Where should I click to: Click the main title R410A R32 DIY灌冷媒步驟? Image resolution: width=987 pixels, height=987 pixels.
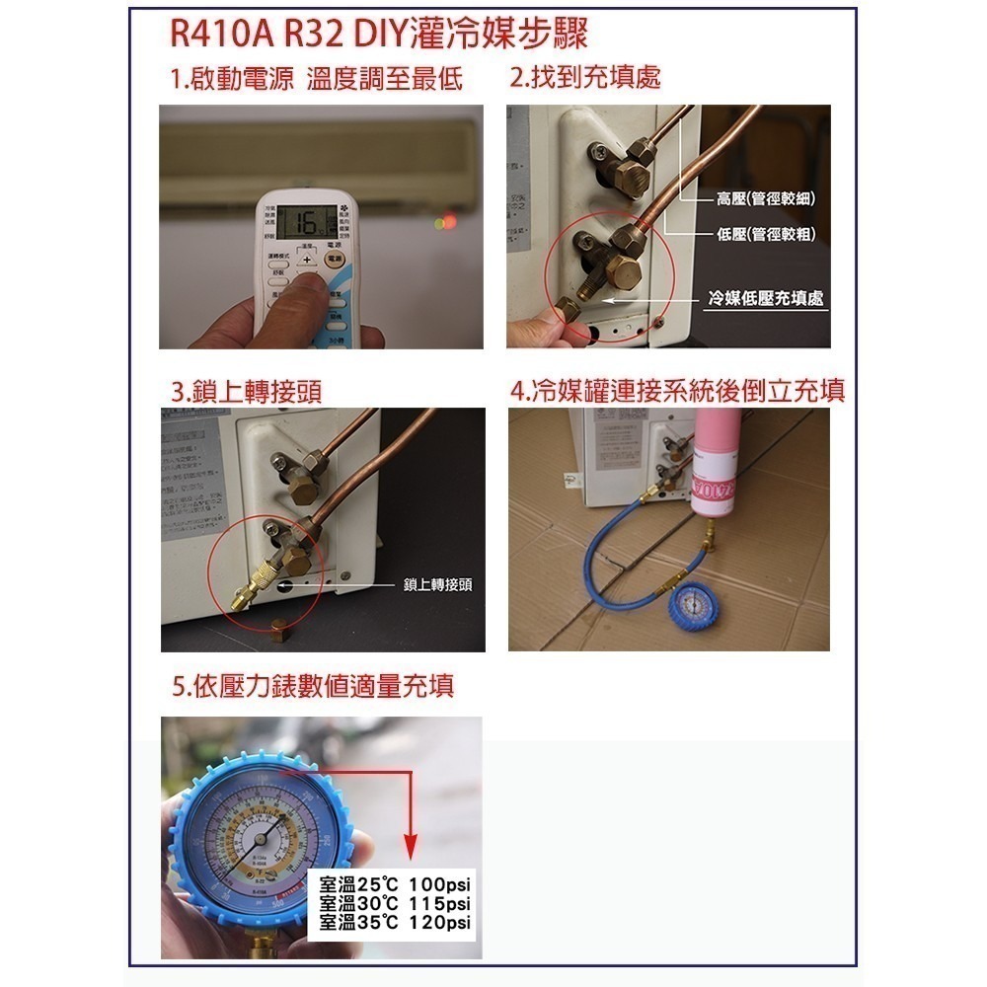(x=379, y=36)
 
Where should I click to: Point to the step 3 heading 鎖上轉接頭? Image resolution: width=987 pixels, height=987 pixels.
(x=246, y=392)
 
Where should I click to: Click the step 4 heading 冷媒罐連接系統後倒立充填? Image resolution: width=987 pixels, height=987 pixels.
(x=677, y=391)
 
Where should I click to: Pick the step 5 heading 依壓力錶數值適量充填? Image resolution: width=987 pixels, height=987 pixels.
(x=313, y=685)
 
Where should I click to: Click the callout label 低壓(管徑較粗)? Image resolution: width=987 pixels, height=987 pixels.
(x=765, y=233)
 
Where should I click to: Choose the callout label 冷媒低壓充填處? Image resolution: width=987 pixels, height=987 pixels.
(x=766, y=298)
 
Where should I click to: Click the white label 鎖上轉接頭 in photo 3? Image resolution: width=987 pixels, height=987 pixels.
(x=437, y=585)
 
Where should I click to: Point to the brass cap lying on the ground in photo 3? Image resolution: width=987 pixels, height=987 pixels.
(x=278, y=629)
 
